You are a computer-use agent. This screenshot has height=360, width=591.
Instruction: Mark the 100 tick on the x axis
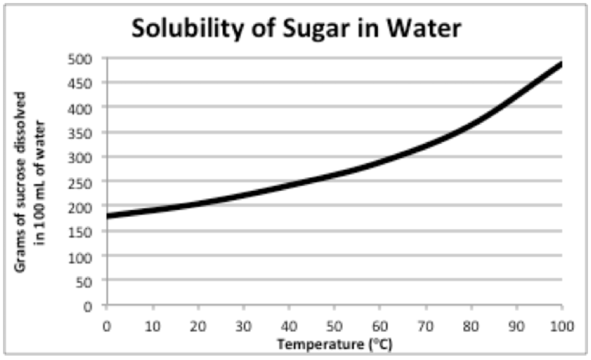click(x=562, y=325)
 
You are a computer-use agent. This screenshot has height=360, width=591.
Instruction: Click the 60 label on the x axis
click(x=380, y=325)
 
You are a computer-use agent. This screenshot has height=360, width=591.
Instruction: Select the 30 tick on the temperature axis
click(x=243, y=325)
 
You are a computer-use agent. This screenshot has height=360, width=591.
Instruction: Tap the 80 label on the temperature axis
click(x=471, y=325)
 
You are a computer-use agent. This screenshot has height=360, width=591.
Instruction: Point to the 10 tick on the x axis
click(x=151, y=325)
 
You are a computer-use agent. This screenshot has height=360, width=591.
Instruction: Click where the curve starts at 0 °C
click(x=107, y=216)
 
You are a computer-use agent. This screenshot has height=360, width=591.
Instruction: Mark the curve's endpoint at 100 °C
click(x=562, y=64)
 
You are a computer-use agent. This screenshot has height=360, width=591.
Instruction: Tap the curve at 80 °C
click(x=471, y=124)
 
